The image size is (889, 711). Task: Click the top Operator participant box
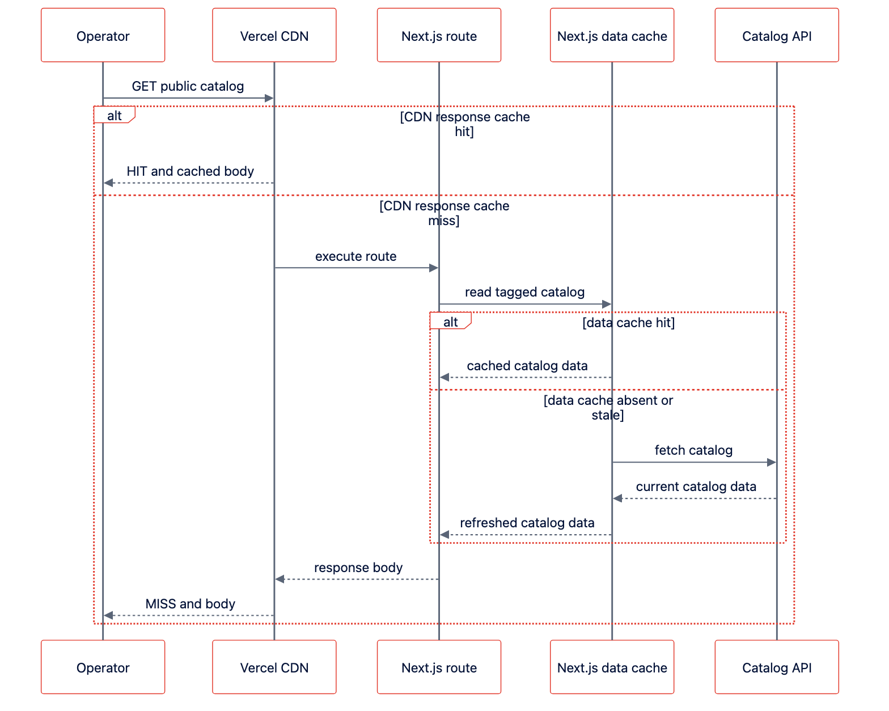(x=103, y=35)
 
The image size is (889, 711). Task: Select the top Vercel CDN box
(x=274, y=35)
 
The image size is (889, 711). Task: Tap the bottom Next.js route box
(x=439, y=667)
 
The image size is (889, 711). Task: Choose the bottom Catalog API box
(x=777, y=667)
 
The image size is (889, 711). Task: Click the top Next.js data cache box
(x=612, y=35)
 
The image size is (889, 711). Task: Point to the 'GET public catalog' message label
(x=188, y=86)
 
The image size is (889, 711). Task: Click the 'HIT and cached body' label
(x=190, y=171)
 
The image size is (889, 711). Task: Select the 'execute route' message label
(x=355, y=256)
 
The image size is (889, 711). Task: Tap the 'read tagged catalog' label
(x=524, y=292)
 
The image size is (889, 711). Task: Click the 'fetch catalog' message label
(x=693, y=450)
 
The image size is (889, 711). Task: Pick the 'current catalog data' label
(x=696, y=486)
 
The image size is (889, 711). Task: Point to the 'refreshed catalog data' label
(x=527, y=523)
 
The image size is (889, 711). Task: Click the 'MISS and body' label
(x=190, y=604)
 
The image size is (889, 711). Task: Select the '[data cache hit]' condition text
(x=628, y=323)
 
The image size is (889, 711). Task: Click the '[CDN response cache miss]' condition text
(x=444, y=213)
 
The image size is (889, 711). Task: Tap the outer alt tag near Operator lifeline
(x=115, y=115)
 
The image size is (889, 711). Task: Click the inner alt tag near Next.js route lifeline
(x=450, y=321)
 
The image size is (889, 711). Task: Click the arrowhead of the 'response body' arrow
(x=280, y=579)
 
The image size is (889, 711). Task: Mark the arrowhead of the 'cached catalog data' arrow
(x=444, y=377)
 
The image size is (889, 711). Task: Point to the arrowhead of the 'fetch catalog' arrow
(x=771, y=462)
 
